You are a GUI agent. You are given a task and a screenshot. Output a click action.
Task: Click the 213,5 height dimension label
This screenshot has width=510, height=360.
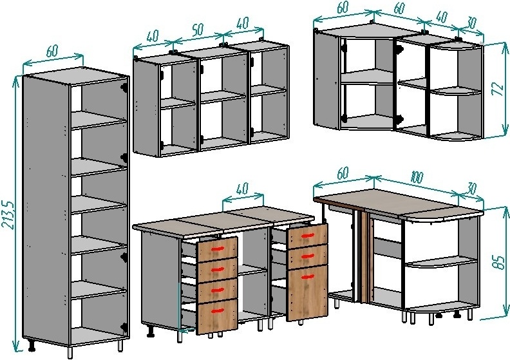(9, 214)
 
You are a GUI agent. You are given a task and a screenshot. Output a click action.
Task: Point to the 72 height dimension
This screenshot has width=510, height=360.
(498, 88)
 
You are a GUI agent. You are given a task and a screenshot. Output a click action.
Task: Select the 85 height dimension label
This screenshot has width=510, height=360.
(498, 262)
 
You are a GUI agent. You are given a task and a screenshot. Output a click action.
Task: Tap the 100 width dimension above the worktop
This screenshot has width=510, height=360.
(417, 178)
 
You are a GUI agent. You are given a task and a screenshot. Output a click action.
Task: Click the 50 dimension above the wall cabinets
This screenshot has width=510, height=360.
(198, 29)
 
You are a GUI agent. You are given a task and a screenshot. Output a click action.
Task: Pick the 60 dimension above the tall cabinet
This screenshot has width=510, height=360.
(52, 51)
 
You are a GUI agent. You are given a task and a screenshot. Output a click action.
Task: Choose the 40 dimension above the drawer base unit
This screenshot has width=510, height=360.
(241, 189)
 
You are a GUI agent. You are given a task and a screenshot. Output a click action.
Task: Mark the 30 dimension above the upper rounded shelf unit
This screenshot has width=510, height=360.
(471, 22)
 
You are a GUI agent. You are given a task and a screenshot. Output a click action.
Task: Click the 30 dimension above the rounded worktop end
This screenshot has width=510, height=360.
(471, 189)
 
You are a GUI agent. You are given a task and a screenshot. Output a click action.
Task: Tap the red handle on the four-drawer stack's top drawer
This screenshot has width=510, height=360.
(218, 249)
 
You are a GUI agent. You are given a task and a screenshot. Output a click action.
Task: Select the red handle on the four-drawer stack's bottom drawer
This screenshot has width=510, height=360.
(218, 311)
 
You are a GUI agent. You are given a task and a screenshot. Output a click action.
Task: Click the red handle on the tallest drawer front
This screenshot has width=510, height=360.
(307, 277)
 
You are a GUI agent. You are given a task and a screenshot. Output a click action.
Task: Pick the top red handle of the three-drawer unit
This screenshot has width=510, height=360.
(307, 236)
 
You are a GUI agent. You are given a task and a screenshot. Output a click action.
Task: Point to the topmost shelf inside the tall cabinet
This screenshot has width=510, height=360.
(99, 120)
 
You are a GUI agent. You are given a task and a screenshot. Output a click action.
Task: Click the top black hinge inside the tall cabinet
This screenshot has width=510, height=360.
(124, 87)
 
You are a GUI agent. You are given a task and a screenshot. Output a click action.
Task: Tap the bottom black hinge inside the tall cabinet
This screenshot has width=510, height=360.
(124, 328)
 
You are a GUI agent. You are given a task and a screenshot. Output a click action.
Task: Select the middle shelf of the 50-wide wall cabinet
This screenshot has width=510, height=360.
(222, 97)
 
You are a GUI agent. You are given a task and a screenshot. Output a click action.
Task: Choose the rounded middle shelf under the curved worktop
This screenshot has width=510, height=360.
(441, 261)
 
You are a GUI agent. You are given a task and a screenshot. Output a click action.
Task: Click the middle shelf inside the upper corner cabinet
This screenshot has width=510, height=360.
(367, 77)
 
